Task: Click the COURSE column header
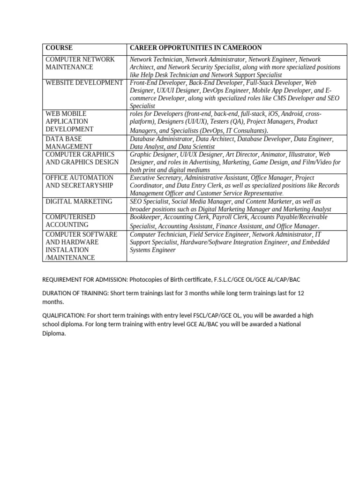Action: tap(59, 48)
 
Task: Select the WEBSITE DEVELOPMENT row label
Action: tap(84, 82)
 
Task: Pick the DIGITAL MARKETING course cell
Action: tap(79, 201)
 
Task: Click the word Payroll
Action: tap(222, 217)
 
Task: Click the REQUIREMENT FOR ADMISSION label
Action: tap(84, 279)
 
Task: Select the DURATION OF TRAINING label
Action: tap(75, 293)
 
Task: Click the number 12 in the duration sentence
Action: tap(301, 293)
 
